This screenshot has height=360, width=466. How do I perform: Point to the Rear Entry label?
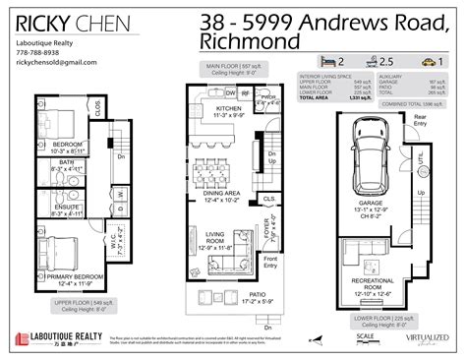click(420, 119)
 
